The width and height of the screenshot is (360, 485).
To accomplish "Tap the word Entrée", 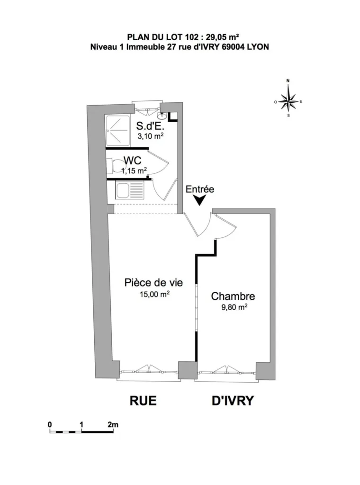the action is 200,189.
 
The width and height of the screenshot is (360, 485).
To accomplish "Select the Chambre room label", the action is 233,296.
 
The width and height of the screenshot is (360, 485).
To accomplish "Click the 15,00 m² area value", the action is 154,294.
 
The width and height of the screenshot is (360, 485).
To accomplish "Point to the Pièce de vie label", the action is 154,282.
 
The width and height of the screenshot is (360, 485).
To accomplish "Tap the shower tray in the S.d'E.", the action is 118,130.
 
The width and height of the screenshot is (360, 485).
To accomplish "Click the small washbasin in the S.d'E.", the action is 162,116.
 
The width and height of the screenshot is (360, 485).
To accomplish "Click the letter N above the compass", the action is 288,81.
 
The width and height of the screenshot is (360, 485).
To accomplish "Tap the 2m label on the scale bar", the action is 113,424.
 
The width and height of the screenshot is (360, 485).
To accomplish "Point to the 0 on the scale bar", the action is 50,424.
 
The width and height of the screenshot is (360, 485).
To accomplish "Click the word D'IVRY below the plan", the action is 233,400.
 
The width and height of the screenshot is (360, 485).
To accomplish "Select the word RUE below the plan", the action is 143,400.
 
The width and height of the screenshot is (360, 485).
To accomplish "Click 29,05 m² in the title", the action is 222,37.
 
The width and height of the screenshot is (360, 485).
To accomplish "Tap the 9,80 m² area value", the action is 234,307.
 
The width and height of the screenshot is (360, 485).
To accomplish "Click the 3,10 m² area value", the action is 151,136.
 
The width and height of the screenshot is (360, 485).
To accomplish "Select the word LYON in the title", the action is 258,47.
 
